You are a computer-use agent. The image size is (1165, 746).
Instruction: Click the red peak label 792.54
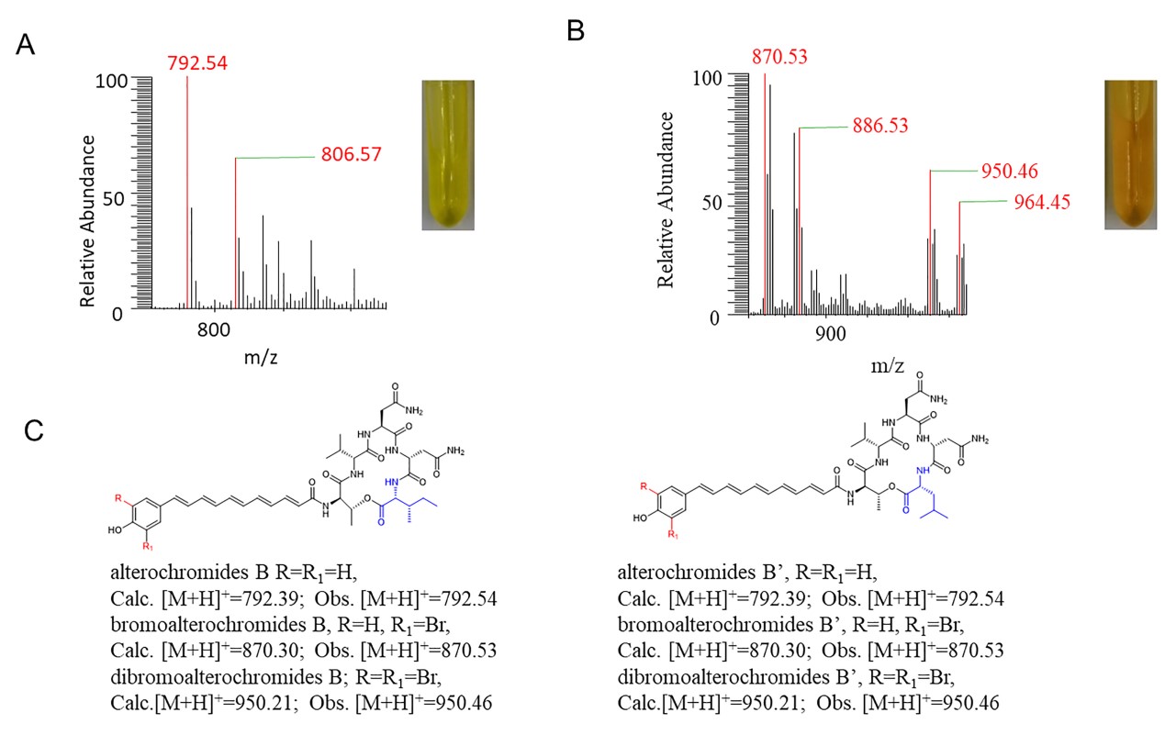click(197, 63)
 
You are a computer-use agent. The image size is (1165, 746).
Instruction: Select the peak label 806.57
click(351, 155)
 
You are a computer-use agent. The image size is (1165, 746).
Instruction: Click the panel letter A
click(27, 46)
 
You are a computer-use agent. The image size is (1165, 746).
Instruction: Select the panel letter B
click(576, 31)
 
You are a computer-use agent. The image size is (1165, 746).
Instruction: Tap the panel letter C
click(33, 429)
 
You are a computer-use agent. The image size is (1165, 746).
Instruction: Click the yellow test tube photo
click(448, 153)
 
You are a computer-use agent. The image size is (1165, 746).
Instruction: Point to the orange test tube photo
click(1129, 152)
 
